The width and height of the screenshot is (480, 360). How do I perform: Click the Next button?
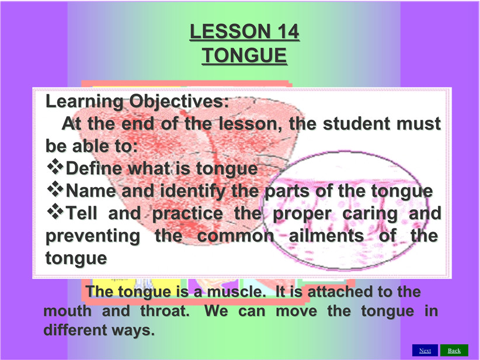[x=425, y=351]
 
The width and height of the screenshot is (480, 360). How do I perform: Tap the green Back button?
[x=454, y=351]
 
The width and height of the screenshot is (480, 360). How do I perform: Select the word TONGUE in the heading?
[x=244, y=56]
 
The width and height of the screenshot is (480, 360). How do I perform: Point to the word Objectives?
[x=179, y=102]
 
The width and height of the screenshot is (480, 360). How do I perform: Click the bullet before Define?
[x=55, y=167]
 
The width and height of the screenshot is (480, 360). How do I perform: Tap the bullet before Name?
[x=55, y=189]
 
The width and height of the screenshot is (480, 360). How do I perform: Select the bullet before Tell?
[x=55, y=211]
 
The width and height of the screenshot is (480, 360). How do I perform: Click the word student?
[x=356, y=124]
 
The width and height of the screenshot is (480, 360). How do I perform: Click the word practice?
[x=187, y=214]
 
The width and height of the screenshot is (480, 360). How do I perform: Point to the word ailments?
[x=326, y=236]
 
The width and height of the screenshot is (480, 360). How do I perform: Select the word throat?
[x=165, y=311]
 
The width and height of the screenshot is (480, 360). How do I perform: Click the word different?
[x=75, y=330]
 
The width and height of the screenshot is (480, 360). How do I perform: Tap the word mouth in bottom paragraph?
[x=67, y=311]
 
